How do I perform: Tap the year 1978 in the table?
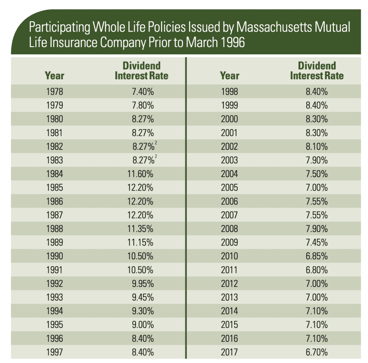coord(55,92)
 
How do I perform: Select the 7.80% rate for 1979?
coord(143,105)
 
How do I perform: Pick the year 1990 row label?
coord(55,256)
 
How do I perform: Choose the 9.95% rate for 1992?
coord(143,284)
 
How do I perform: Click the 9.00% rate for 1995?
coord(143,325)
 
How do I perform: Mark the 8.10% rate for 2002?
coord(317,146)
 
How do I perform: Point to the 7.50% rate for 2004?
coord(317,174)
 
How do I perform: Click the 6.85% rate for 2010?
coord(317,256)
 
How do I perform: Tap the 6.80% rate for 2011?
coord(317,270)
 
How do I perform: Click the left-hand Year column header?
coord(55,75)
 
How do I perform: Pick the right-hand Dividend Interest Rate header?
coord(317,71)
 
